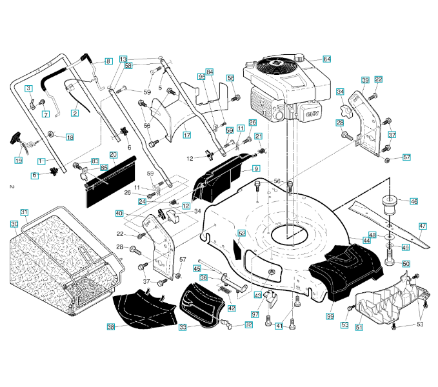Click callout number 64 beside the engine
pyautogui.click(x=327, y=59)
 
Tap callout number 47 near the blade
pyautogui.click(x=423, y=226)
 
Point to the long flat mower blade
pyautogui.click(x=387, y=223)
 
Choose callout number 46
pyautogui.click(x=414, y=201)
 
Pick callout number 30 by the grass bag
pyautogui.click(x=14, y=224)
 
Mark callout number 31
pyautogui.click(x=25, y=212)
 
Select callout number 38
pyautogui.click(x=111, y=328)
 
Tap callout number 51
pyautogui.click(x=359, y=328)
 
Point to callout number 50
pyautogui.click(x=406, y=264)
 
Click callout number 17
pyautogui.click(x=187, y=135)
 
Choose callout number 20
pyautogui.click(x=113, y=155)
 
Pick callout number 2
pyautogui.click(x=75, y=114)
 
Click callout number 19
pyautogui.click(x=19, y=160)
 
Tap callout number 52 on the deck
pyautogui.click(x=242, y=233)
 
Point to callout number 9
pyautogui.click(x=256, y=168)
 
